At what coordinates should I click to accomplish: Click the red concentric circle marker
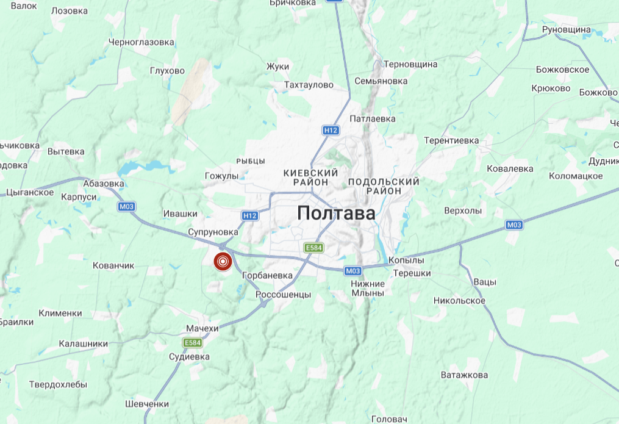(x=223, y=262)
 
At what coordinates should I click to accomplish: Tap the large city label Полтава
(x=336, y=214)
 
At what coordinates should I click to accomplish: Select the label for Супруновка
(x=213, y=232)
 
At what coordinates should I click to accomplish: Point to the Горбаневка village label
(x=267, y=276)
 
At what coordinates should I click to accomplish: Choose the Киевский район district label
(x=310, y=178)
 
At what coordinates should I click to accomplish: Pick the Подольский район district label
(x=384, y=186)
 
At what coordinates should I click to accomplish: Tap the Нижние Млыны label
(x=368, y=288)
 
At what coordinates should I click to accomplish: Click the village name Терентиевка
(x=452, y=140)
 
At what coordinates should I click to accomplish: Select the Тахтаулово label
(x=309, y=85)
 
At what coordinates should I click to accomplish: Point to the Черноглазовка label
(x=141, y=43)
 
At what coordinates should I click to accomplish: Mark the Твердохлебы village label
(x=58, y=385)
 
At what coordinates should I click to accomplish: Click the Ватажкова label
(x=464, y=375)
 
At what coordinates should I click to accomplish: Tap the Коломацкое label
(x=576, y=176)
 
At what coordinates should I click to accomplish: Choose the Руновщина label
(x=567, y=29)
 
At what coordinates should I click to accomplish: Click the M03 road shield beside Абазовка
(x=126, y=206)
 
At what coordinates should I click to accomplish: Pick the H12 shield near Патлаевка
(x=331, y=130)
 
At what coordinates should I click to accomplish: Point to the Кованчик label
(x=113, y=266)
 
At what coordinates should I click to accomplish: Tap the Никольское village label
(x=459, y=301)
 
